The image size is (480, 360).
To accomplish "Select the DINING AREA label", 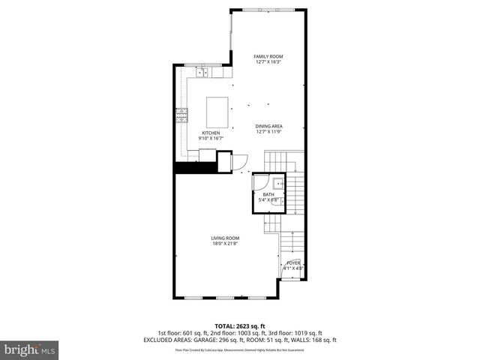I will pos(268,126).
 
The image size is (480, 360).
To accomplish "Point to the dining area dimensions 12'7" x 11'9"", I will pos(268,132).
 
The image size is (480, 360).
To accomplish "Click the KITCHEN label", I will pos(211,133).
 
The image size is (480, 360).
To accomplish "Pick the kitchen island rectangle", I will pos(218,111).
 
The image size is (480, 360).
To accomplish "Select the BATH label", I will pos(268,194).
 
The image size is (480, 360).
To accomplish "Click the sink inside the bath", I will pos(277,181).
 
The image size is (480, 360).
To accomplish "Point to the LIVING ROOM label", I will pos(224,238).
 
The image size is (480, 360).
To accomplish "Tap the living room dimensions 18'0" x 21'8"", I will pos(224,244).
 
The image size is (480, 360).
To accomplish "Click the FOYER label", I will pos(294,262).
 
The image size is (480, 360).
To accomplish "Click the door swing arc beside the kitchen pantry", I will pos(242,160).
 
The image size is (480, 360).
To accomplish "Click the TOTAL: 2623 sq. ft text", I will pos(239,326).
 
